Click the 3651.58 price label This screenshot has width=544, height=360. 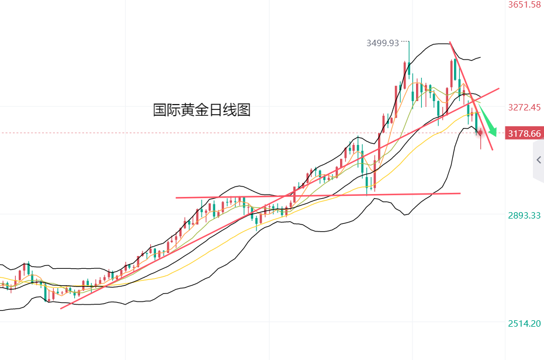pyautogui.click(x=525, y=5)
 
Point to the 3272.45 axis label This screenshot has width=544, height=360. pyautogui.click(x=525, y=108)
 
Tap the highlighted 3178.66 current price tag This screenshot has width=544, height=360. pyautogui.click(x=525, y=134)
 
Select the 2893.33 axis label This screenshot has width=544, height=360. pyautogui.click(x=525, y=215)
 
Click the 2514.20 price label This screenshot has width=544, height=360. pyautogui.click(x=525, y=323)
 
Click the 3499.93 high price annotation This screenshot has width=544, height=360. pyautogui.click(x=382, y=43)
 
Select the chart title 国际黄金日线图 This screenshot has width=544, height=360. pyautogui.click(x=202, y=110)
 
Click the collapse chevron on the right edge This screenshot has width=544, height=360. pyautogui.click(x=538, y=160)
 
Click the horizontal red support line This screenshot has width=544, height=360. pyautogui.click(x=316, y=195)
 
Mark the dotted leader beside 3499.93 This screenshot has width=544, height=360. pyautogui.click(x=404, y=42)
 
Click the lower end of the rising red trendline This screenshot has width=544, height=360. pyautogui.click(x=62, y=307)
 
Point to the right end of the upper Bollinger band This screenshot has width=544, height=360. pyautogui.click(x=480, y=57)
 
